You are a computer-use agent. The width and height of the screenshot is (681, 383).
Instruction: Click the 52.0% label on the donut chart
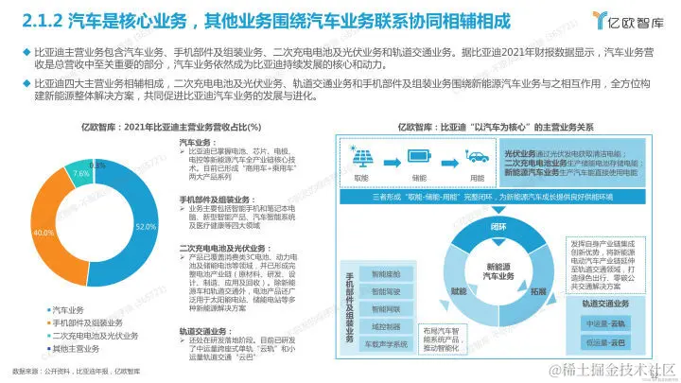pos(145,227)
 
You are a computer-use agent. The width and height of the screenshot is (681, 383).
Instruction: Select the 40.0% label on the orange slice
pos(43,232)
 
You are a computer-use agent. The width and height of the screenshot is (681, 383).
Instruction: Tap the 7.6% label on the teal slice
pos(81,174)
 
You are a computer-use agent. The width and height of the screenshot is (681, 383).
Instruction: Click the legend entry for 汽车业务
pos(68,309)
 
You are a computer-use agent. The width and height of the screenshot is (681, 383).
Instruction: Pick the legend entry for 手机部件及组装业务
pos(85,322)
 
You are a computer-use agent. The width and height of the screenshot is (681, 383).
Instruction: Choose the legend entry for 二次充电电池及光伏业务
pos(92,336)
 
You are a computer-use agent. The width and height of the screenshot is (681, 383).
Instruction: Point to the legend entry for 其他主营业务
pos(75,349)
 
